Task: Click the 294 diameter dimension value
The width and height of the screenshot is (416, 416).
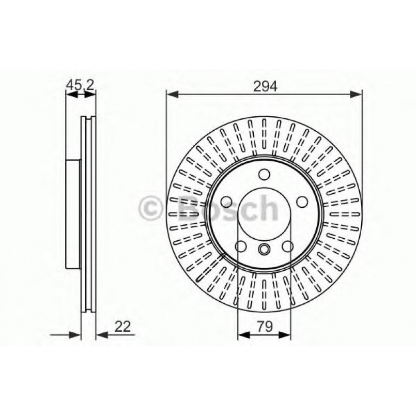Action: point(265,87)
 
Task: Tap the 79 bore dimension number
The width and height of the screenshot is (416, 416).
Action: point(265,326)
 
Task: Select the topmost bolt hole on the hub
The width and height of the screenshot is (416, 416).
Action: point(264,174)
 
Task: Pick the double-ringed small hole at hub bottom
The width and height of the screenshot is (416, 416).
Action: point(264,250)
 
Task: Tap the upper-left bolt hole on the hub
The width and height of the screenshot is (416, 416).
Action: point(226,201)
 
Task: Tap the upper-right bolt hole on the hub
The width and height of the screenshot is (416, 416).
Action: point(303,201)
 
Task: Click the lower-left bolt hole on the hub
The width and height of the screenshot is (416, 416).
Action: point(241,247)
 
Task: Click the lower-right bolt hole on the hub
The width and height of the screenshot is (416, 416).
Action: point(288,247)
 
